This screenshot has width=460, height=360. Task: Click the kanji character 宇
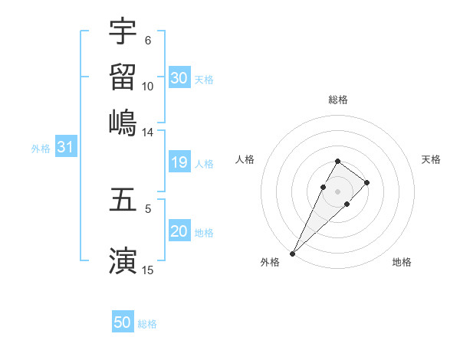(x=123, y=32)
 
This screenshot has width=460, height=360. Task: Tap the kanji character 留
(x=123, y=77)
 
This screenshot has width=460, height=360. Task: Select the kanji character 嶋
(x=123, y=121)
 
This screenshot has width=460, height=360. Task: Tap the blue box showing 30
(x=179, y=77)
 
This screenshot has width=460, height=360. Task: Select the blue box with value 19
(x=179, y=163)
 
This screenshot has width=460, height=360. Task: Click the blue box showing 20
(x=179, y=232)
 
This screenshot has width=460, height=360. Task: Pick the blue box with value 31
(x=65, y=148)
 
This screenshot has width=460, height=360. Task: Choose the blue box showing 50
(x=123, y=323)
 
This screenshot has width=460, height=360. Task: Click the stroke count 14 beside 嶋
(x=148, y=132)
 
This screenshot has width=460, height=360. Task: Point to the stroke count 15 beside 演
(x=148, y=270)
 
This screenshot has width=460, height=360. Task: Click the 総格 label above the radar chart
(x=338, y=100)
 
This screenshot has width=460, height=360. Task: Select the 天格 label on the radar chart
(x=432, y=159)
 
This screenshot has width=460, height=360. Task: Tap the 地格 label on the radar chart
(x=402, y=262)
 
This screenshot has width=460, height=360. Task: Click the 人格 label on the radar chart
(x=245, y=159)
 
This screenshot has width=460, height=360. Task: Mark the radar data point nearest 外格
(x=293, y=253)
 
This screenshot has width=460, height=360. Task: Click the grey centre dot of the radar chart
(x=337, y=191)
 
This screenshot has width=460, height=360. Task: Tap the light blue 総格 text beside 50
(x=147, y=324)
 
